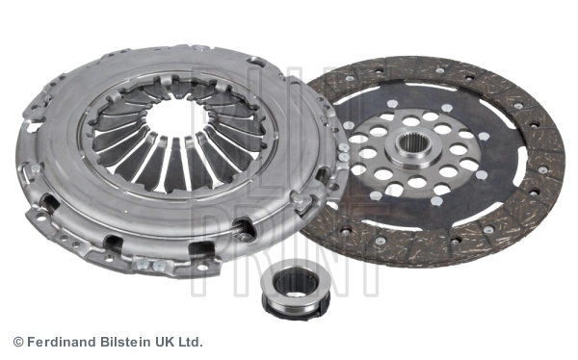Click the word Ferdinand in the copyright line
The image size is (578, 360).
[58, 342]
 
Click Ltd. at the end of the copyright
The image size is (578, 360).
[189, 342]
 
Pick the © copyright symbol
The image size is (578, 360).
[17, 342]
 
